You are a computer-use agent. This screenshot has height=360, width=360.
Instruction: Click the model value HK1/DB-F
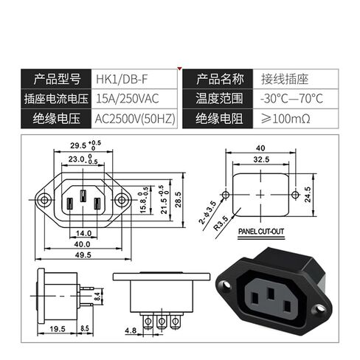[122, 79]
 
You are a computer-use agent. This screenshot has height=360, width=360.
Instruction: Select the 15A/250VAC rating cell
[128, 99]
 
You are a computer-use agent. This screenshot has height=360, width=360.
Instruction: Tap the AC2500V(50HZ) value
[135, 119]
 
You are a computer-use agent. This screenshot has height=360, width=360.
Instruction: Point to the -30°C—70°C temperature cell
[291, 99]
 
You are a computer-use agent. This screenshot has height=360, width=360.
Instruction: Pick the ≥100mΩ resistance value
[285, 119]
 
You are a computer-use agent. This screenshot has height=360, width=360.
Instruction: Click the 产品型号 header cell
[57, 79]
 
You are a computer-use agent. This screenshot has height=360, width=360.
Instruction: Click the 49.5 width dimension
[83, 255]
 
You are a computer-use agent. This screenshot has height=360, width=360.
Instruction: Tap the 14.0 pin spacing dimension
[83, 233]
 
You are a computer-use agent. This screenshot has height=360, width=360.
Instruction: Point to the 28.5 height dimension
[178, 199]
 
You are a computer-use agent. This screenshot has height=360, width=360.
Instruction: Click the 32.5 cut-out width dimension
[261, 159]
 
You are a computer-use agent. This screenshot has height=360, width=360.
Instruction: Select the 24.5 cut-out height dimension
[308, 195]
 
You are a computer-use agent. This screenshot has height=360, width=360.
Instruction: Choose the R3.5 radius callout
[221, 223]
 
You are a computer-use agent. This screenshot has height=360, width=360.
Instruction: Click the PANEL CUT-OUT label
[261, 232]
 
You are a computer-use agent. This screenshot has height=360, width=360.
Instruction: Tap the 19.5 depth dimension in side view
[58, 329]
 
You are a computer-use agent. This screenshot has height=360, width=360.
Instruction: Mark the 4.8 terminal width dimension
[131, 330]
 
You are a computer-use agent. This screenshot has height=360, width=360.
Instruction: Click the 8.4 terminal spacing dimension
[97, 296]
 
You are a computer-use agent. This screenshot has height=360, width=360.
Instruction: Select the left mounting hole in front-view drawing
[44, 200]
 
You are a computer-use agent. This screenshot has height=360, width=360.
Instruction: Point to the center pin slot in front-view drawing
[83, 196]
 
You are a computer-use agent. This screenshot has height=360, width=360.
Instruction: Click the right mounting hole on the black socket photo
[320, 308]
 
